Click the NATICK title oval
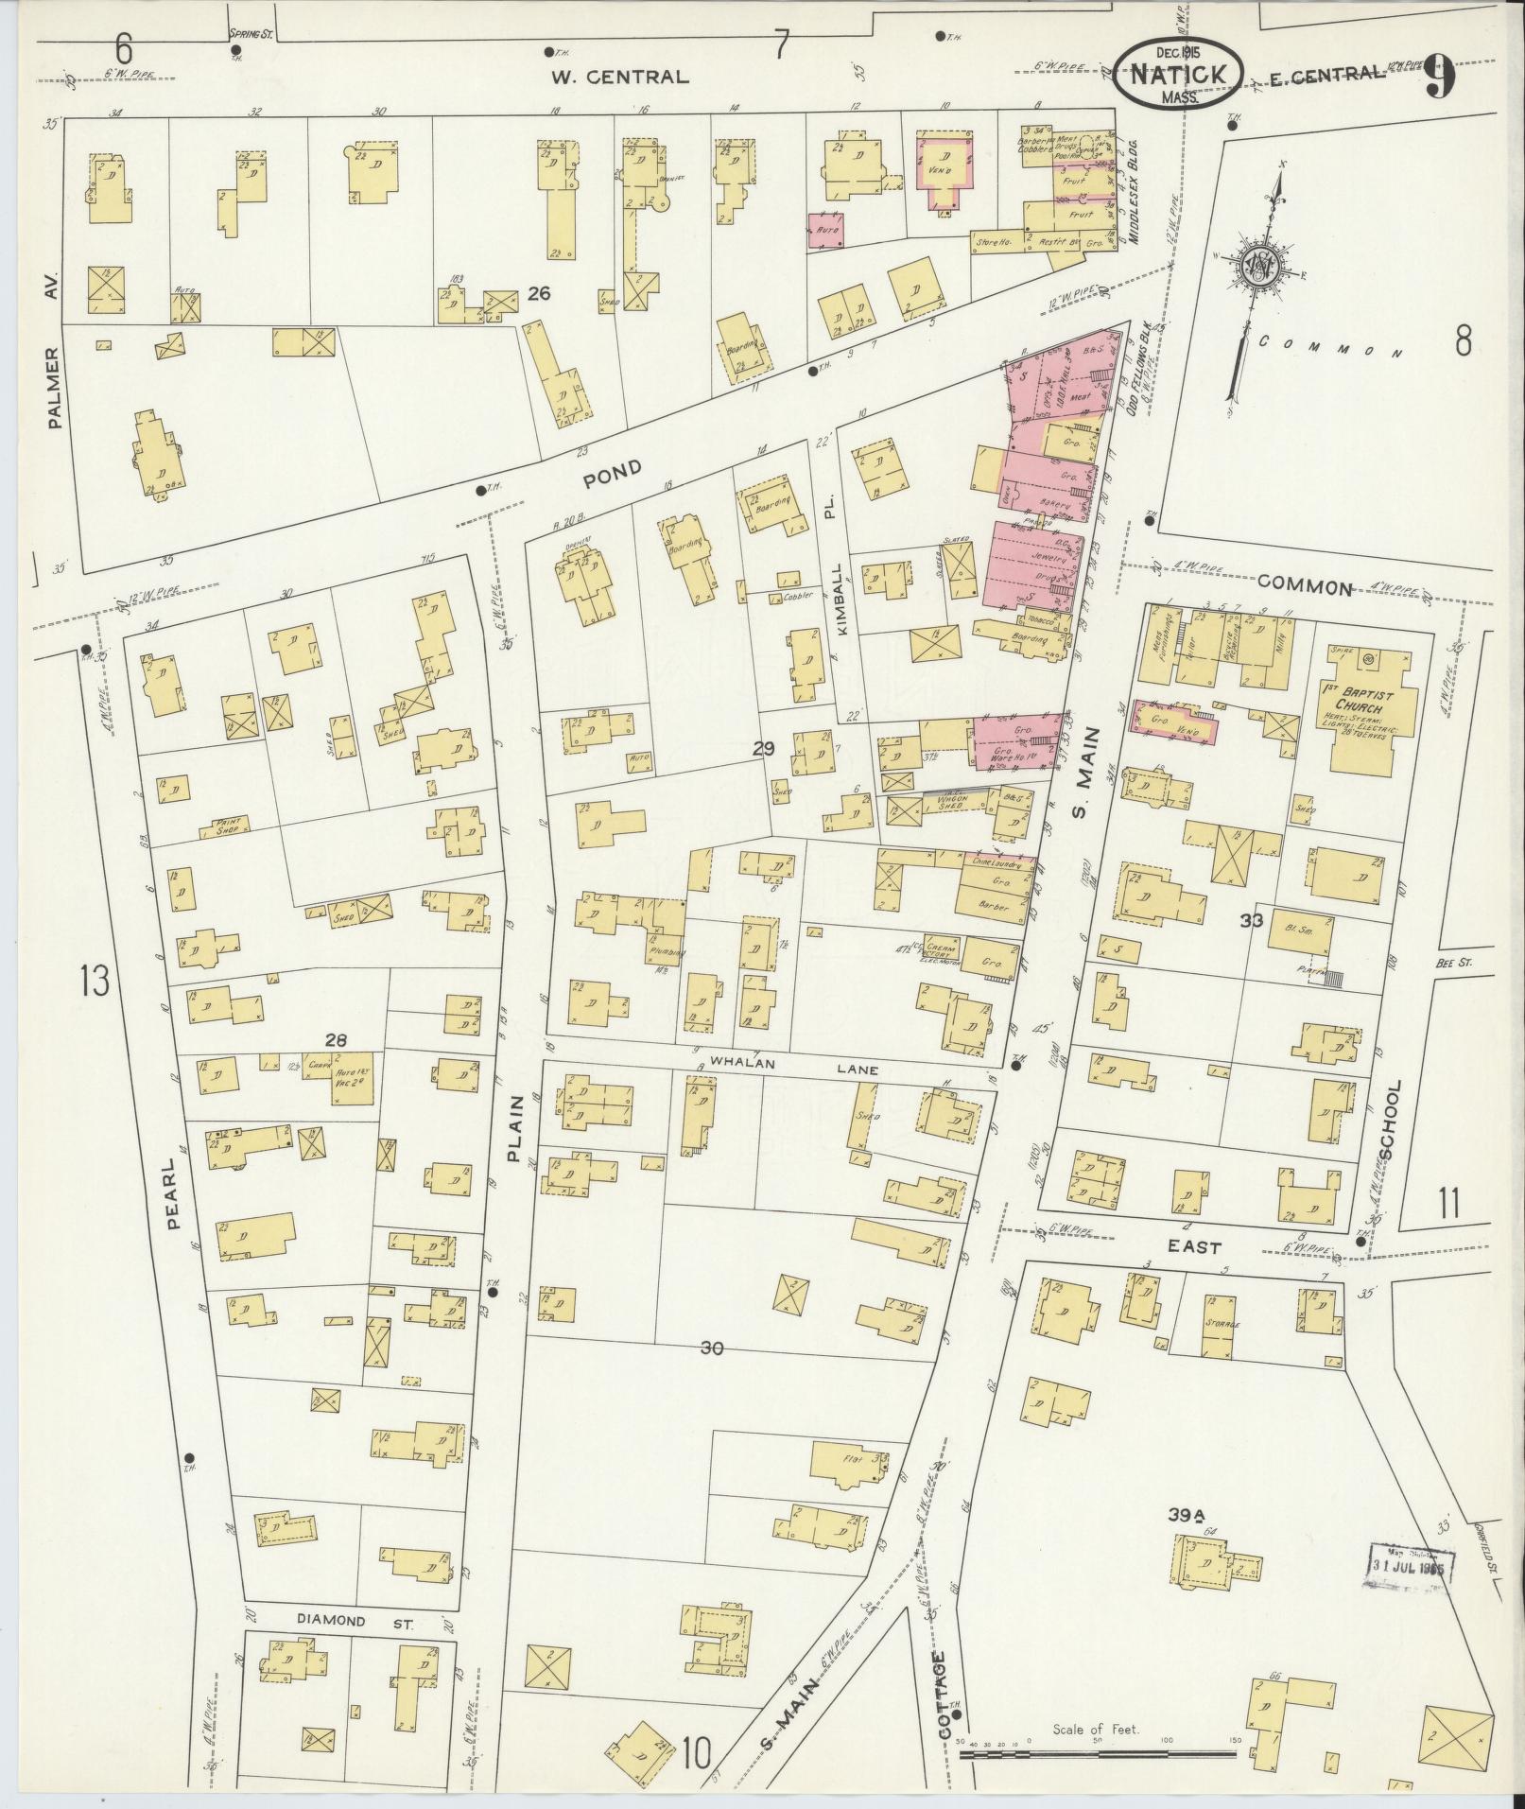(1176, 76)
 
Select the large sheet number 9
(1438, 78)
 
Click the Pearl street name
(173, 1194)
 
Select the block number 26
(539, 295)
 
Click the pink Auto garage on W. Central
(826, 231)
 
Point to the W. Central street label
(619, 78)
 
